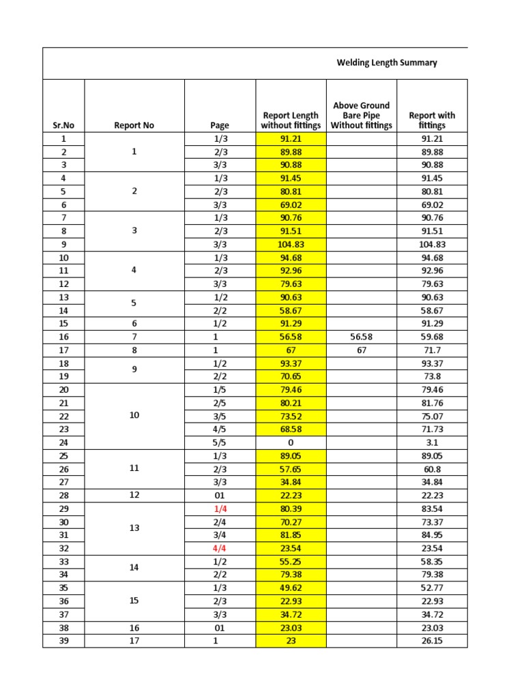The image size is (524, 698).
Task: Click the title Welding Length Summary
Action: pyautogui.click(x=387, y=63)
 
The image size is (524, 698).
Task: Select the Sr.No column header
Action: pyautogui.click(x=63, y=125)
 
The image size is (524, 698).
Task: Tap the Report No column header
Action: pyautogui.click(x=134, y=125)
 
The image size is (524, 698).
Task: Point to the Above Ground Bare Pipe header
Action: pyautogui.click(x=361, y=115)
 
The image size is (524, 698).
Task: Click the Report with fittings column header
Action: pyautogui.click(x=432, y=120)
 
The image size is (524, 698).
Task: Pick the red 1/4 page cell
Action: pyautogui.click(x=220, y=509)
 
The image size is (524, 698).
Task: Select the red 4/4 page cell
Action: pyautogui.click(x=220, y=548)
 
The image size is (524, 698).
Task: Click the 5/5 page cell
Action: pyautogui.click(x=220, y=442)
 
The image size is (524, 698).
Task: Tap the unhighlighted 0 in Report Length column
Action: pyautogui.click(x=291, y=442)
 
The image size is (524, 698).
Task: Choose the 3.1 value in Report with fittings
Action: pyautogui.click(x=432, y=442)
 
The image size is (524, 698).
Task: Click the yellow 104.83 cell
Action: pyautogui.click(x=291, y=244)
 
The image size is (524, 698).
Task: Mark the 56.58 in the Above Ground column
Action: pyautogui.click(x=361, y=337)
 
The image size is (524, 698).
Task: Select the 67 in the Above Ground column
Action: pyautogui.click(x=361, y=350)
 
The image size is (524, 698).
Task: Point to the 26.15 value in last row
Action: pyautogui.click(x=432, y=641)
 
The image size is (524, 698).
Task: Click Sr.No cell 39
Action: pyautogui.click(x=63, y=641)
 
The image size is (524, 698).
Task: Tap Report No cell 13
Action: pyautogui.click(x=134, y=528)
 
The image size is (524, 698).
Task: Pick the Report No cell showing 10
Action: pyautogui.click(x=134, y=416)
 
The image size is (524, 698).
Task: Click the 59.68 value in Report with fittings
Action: pyautogui.click(x=432, y=337)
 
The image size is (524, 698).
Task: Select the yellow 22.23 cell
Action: pyautogui.click(x=291, y=496)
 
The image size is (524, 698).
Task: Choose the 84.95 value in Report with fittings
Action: pyautogui.click(x=432, y=535)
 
